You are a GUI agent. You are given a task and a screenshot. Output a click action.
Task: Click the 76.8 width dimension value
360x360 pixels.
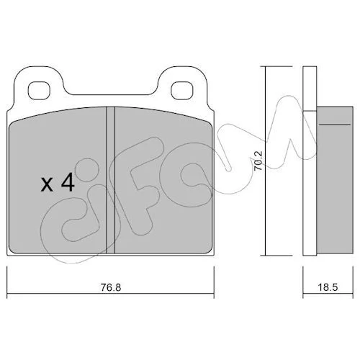pyautogui.click(x=111, y=287)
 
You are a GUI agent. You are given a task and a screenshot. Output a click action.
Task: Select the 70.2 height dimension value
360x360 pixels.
pyautogui.click(x=258, y=161)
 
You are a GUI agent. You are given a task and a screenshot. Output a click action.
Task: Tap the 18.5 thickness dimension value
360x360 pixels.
pyautogui.click(x=328, y=287)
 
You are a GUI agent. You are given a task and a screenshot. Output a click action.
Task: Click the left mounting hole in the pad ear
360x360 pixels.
pyautogui.click(x=39, y=91)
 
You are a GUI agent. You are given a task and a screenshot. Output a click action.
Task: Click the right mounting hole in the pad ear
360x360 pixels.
pyautogui.click(x=182, y=91)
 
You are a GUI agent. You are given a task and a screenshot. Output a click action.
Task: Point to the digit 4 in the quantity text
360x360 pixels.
pyautogui.click(x=68, y=182)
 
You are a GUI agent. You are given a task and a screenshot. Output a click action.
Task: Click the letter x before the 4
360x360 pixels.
pyautogui.click(x=47, y=185)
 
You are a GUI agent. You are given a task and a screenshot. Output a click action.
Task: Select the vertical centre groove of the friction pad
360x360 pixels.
pyautogui.click(x=111, y=180)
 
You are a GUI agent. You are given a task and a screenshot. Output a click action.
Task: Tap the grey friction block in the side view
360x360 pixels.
pyautogui.click(x=335, y=180)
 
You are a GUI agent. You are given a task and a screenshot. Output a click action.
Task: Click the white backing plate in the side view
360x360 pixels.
pyautogui.click(x=310, y=161)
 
